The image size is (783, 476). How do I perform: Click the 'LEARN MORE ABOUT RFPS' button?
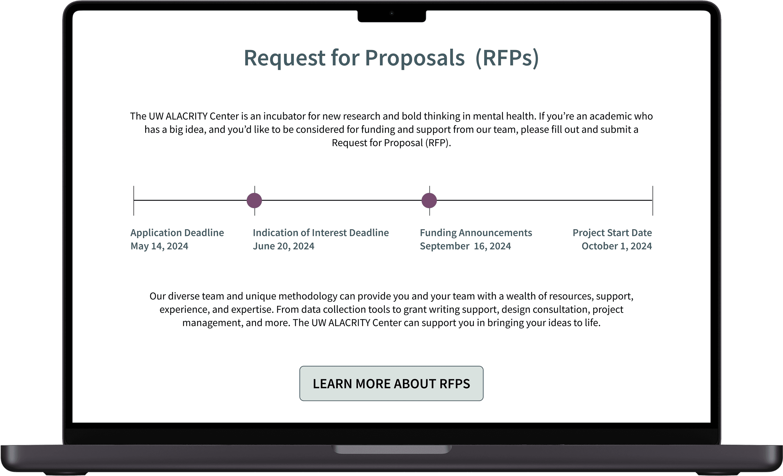[x=391, y=383]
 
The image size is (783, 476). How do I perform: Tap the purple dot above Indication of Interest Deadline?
[x=254, y=201]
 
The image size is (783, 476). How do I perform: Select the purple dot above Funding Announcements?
[x=429, y=201]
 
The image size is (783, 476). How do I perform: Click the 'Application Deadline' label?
[x=177, y=233]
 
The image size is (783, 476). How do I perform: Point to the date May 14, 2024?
[x=159, y=246]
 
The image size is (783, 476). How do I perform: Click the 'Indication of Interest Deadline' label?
[x=321, y=233]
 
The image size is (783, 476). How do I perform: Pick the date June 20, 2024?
[x=283, y=246]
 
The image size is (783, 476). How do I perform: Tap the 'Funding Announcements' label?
[x=476, y=233]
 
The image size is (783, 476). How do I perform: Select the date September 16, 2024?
[x=465, y=246]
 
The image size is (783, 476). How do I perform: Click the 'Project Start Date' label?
[x=612, y=233]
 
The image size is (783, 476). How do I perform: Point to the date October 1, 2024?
[x=616, y=246]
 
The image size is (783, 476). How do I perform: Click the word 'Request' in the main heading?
[x=284, y=58]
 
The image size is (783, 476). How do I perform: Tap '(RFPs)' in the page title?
[x=507, y=58]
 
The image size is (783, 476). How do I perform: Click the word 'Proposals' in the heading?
[x=415, y=58]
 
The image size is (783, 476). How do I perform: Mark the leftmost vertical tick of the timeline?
[x=134, y=201]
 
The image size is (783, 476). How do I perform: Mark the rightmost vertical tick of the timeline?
[x=653, y=201]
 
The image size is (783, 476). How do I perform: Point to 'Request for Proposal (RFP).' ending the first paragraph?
[x=391, y=143]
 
